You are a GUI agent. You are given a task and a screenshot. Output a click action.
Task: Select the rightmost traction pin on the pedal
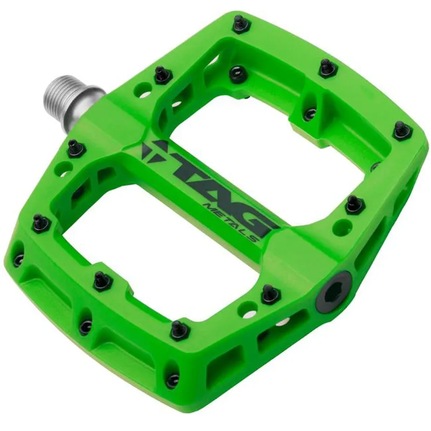[401, 129]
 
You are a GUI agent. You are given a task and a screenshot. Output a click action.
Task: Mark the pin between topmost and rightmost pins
[326, 67]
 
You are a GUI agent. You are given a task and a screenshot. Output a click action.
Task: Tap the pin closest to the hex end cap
[269, 294]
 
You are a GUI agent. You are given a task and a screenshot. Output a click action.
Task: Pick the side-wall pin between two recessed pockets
[85, 326]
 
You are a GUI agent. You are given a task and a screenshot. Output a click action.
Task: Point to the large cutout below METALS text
[162, 242]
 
